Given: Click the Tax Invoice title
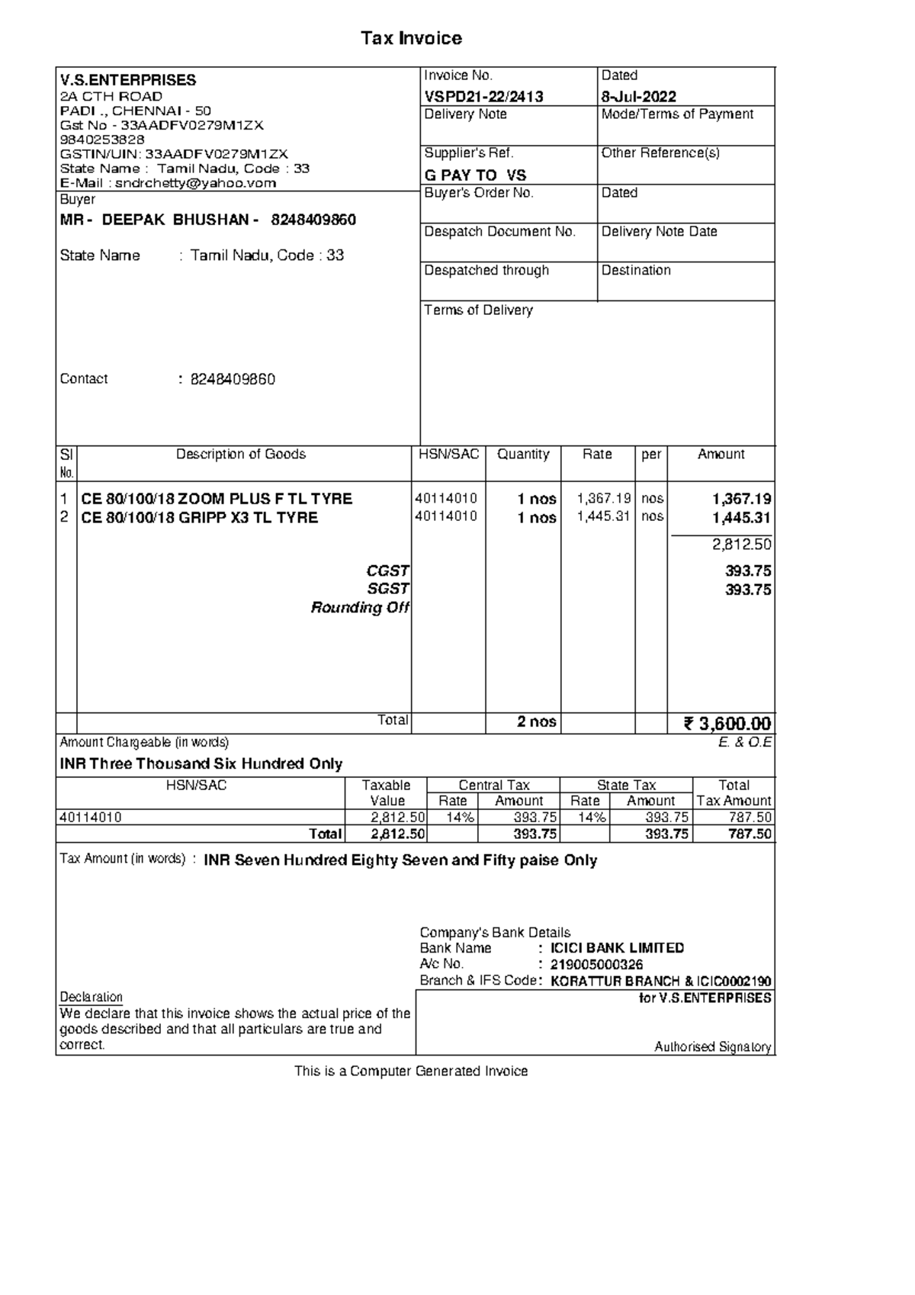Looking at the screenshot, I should point(411,38).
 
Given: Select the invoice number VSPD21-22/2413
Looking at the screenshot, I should point(483,96).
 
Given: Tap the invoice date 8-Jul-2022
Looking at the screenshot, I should point(638,96).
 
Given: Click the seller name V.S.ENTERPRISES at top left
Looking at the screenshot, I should point(128,80).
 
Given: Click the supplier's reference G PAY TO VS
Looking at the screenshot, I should point(475,175).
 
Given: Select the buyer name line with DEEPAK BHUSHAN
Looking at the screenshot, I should point(207,220).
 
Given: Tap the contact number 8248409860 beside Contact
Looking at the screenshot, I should point(233,379).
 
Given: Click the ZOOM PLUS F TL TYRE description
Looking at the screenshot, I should point(217,499).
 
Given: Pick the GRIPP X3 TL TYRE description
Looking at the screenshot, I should point(200,517).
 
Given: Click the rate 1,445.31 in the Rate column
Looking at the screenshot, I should point(604,516).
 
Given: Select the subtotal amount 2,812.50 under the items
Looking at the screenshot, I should point(741,544).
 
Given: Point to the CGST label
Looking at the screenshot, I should point(388,570).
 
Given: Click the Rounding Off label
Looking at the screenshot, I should point(360,607).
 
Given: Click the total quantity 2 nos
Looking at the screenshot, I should point(536,721).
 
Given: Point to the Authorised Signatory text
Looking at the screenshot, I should point(712,1047).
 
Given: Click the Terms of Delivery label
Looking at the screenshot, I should point(478,310).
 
